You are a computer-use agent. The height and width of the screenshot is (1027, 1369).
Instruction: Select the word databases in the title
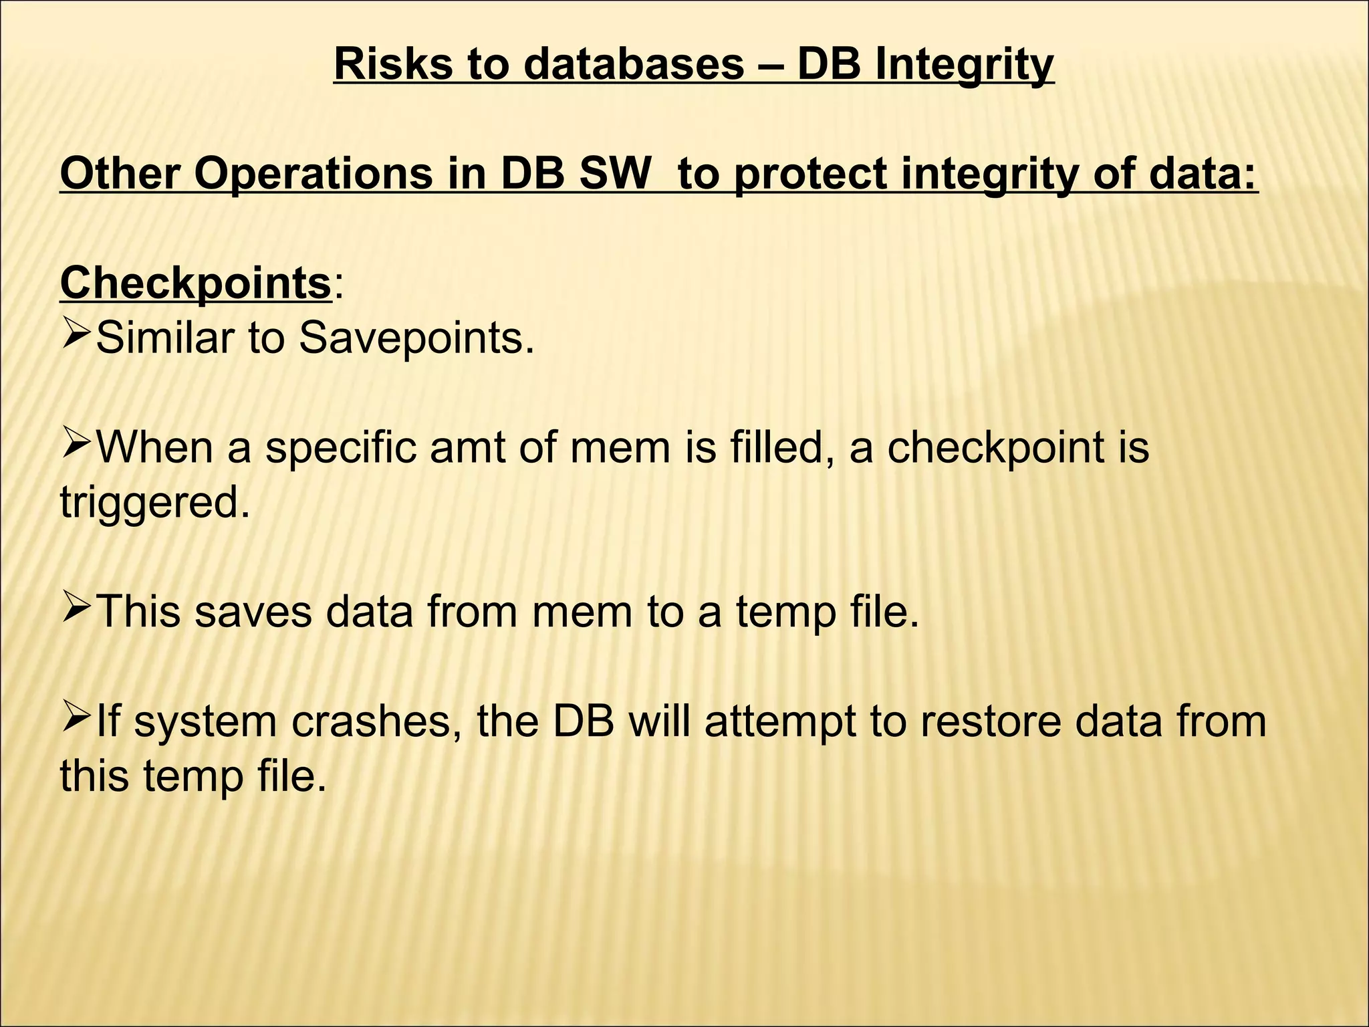(633, 65)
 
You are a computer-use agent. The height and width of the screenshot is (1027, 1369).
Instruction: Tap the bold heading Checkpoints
(196, 283)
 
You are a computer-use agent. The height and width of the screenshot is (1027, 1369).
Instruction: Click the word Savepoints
(416, 338)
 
